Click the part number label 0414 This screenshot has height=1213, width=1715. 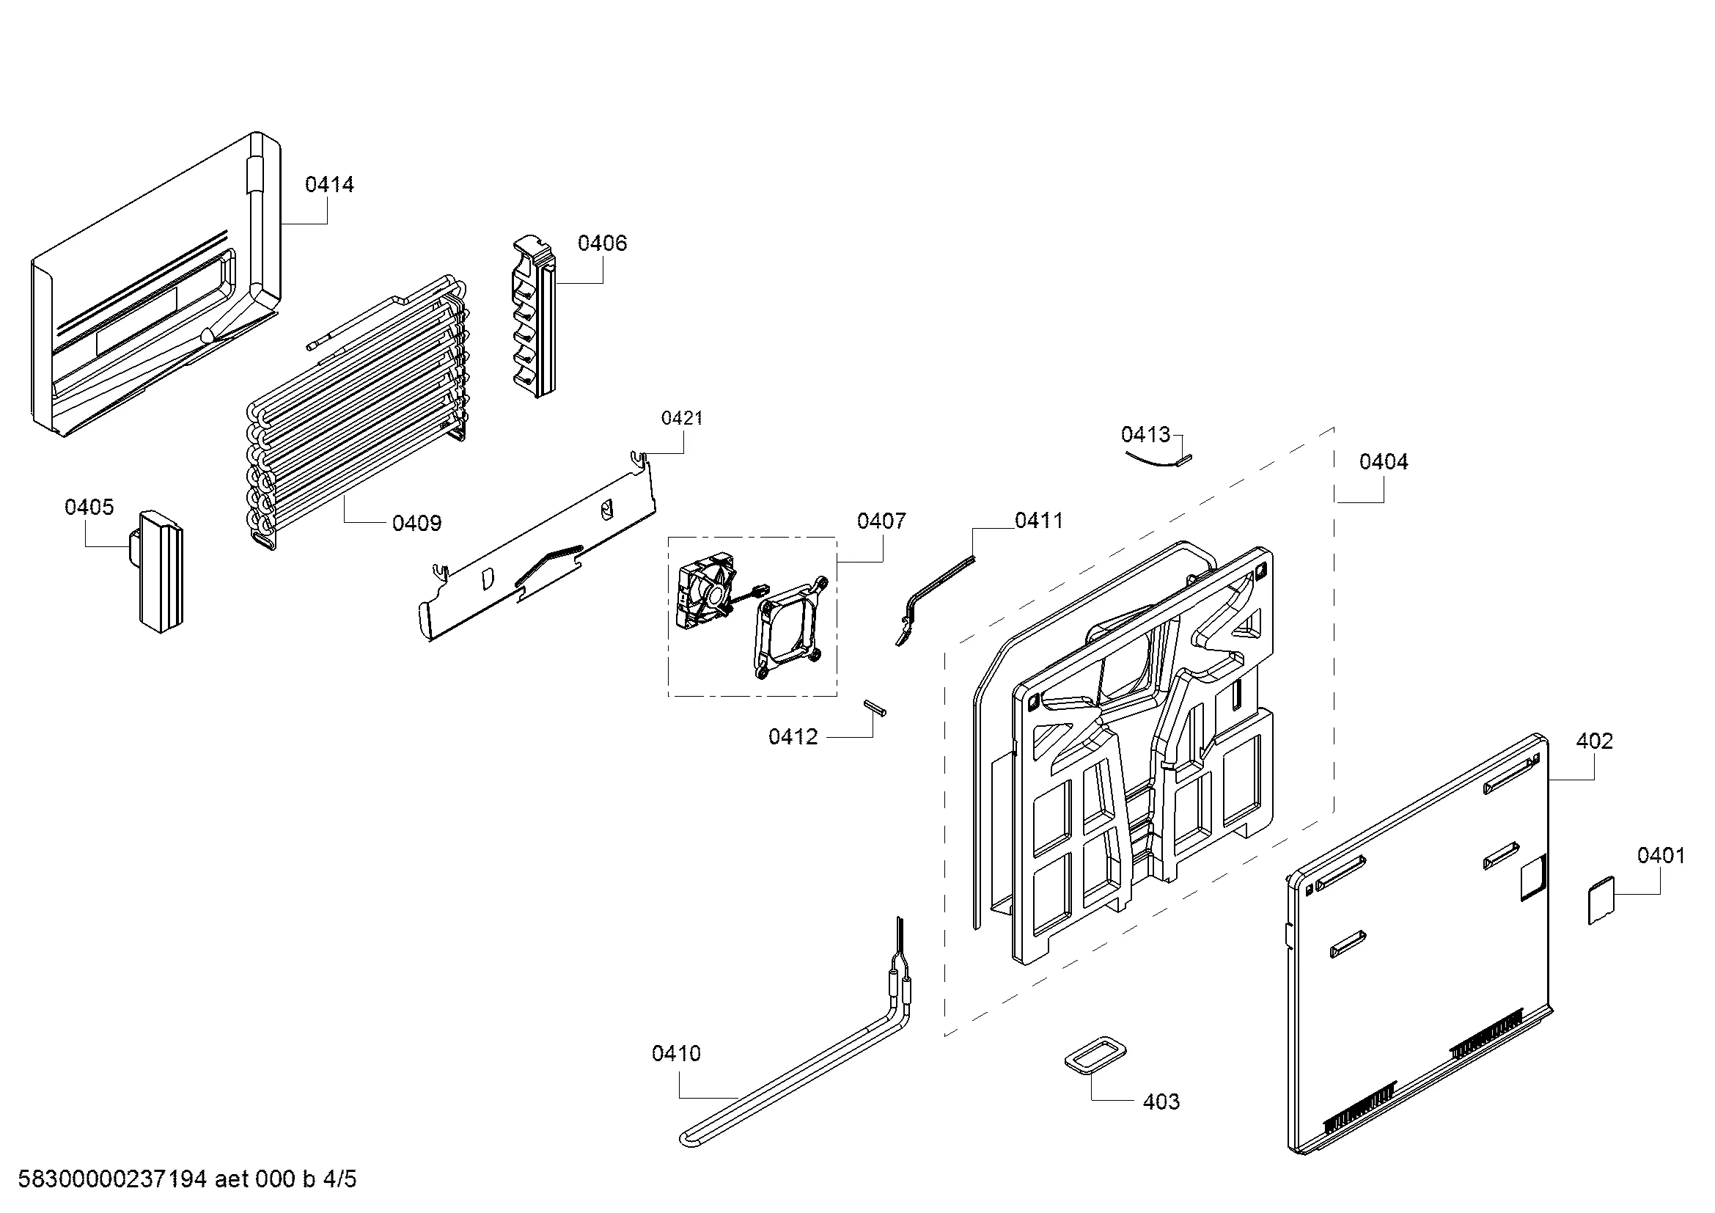pyautogui.click(x=329, y=185)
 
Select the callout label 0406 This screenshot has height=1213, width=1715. pyautogui.click(x=602, y=243)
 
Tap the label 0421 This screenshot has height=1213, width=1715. pyautogui.click(x=682, y=418)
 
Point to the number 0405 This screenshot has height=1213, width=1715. pyautogui.click(x=89, y=507)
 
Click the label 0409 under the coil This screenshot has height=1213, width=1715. pyautogui.click(x=416, y=523)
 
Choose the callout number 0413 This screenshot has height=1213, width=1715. pyautogui.click(x=1146, y=434)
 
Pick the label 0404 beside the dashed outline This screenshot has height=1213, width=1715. pyautogui.click(x=1384, y=461)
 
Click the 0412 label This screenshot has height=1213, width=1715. pyautogui.click(x=793, y=737)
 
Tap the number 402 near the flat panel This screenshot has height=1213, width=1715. pyautogui.click(x=1595, y=741)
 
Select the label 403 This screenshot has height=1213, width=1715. pyautogui.click(x=1161, y=1102)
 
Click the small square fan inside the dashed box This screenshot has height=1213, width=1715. pyautogui.click(x=705, y=599)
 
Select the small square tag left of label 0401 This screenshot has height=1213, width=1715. pyautogui.click(x=1601, y=901)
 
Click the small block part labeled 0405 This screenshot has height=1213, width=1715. pyautogui.click(x=158, y=571)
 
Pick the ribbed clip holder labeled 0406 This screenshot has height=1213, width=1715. pyautogui.click(x=535, y=316)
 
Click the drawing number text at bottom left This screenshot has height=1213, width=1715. pyautogui.click(x=188, y=1179)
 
